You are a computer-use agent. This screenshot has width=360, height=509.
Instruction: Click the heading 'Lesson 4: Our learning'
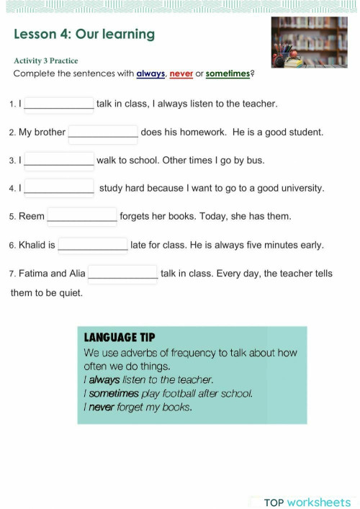pos(84,34)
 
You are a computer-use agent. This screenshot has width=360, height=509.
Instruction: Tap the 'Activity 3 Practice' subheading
pos(45,60)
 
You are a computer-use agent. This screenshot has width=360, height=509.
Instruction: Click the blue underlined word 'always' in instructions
pos(151,73)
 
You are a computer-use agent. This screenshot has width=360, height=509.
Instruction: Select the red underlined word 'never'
pos(181,73)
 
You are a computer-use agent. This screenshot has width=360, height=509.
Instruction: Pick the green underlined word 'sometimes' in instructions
pos(228,73)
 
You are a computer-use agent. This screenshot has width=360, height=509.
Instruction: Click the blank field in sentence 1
pos(59,104)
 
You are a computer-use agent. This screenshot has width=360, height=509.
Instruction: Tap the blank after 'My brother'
pos(103,132)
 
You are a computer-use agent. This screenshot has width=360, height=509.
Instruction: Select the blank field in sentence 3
pos(59,161)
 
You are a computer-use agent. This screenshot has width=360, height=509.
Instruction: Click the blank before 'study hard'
pos(59,188)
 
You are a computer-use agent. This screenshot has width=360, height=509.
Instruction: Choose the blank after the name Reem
pos(82,216)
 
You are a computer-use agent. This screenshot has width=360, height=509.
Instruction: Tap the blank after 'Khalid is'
pos(93,245)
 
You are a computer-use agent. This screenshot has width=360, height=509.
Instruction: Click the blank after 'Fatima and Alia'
pos(122,274)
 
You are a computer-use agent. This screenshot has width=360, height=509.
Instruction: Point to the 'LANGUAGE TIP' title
pos(120,338)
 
